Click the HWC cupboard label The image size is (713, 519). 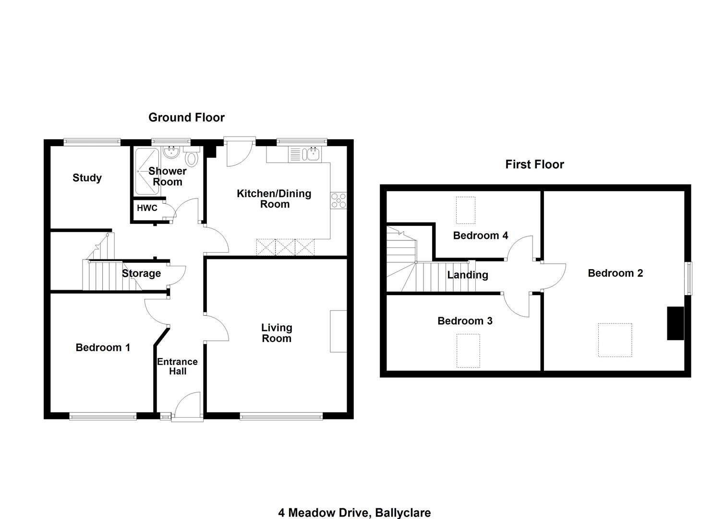click(147, 208)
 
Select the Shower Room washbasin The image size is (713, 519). click(171, 152)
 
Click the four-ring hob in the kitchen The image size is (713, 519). click(338, 201)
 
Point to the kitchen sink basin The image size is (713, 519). click(314, 154)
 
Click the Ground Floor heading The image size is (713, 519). click(186, 118)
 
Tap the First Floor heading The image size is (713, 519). click(534, 164)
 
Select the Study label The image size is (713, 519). click(87, 178)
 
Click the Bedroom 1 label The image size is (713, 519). click(103, 347)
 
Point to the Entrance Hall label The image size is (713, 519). click(177, 366)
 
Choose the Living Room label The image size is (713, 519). click(277, 333)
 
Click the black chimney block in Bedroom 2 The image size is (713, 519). click(676, 323)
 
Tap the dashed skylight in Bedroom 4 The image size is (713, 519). click(466, 210)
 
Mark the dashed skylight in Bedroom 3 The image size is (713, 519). click(468, 350)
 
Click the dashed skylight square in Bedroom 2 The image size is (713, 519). click(615, 340)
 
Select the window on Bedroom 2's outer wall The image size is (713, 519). click(689, 278)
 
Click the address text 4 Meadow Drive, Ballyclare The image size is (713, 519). click(355, 513)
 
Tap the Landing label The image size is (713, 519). click(468, 275)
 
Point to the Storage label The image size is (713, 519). click(141, 273)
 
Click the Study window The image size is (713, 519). click(92, 142)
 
